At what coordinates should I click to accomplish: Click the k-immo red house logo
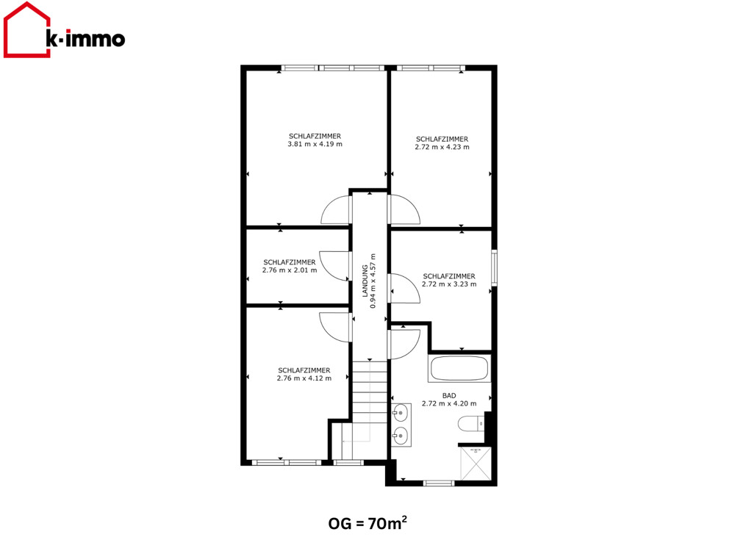click(x=26, y=29)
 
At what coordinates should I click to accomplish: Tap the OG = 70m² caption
click(x=367, y=522)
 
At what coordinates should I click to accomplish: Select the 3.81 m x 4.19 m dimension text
click(x=315, y=144)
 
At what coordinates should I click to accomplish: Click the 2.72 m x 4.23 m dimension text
click(x=442, y=147)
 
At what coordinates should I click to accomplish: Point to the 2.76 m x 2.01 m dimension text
click(x=290, y=270)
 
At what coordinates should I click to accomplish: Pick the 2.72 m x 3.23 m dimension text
click(x=449, y=284)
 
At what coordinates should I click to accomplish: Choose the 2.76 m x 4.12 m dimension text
click(x=304, y=378)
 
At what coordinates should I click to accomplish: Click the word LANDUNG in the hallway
click(x=365, y=281)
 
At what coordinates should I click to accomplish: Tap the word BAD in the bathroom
click(x=449, y=396)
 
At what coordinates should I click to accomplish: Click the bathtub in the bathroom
click(x=459, y=370)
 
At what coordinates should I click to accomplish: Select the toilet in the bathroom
click(x=471, y=424)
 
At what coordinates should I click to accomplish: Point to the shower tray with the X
click(x=476, y=464)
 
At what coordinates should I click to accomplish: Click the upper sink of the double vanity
click(x=401, y=413)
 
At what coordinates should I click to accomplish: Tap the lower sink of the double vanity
click(x=401, y=436)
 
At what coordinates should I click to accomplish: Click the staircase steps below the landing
click(x=370, y=392)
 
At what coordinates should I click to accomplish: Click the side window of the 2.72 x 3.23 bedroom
click(x=494, y=268)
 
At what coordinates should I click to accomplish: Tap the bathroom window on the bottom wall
click(x=439, y=483)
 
